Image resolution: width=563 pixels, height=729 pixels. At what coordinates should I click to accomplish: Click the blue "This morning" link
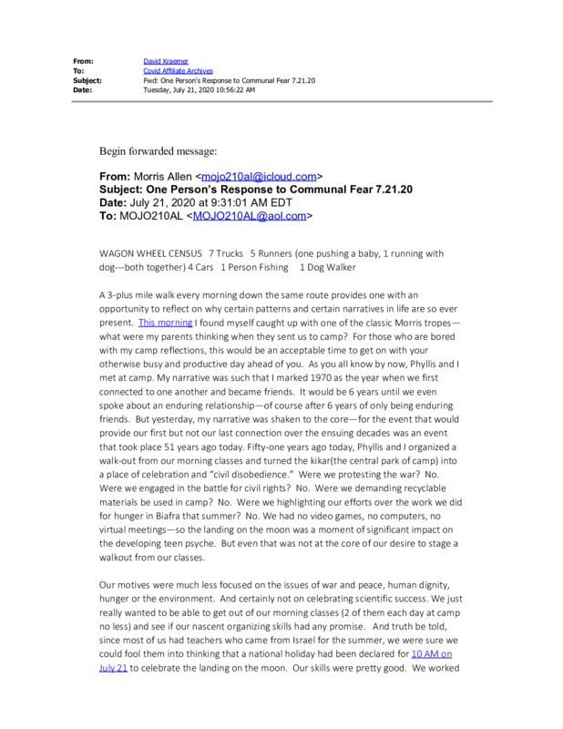pyautogui.click(x=165, y=323)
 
